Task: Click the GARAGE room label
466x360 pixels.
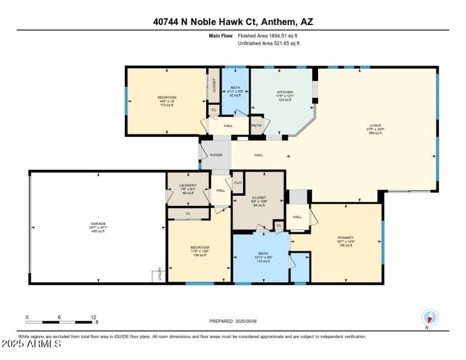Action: [97, 223]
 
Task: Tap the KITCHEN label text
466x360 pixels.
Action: [285, 93]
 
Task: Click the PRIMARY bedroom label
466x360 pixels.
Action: [345, 238]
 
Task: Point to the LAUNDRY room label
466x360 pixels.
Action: [188, 186]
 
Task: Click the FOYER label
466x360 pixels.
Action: [217, 155]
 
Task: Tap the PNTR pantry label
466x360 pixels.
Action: [256, 125]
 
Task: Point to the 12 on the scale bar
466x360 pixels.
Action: [93, 317]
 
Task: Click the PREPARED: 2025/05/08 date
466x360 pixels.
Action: [233, 322]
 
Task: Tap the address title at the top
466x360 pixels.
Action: [233, 22]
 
